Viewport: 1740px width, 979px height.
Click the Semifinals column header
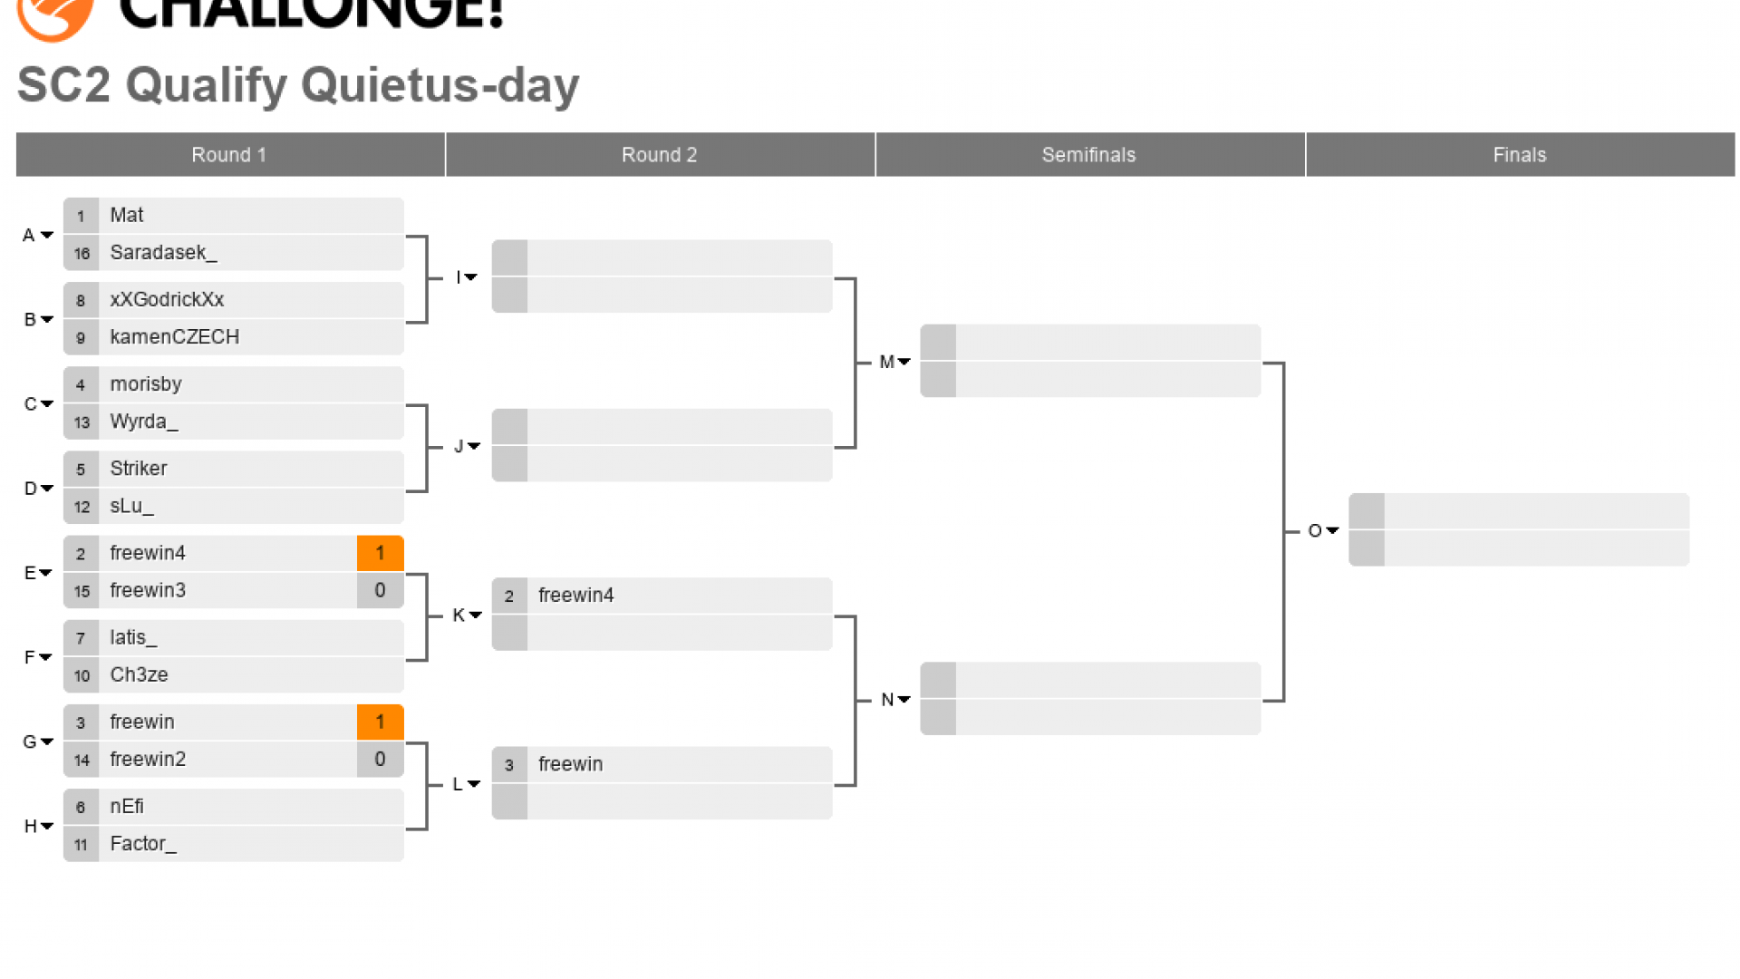coord(1088,155)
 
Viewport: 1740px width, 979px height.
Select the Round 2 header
coord(659,155)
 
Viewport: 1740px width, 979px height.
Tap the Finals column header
coord(1519,155)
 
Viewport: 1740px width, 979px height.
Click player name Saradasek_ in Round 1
coord(163,253)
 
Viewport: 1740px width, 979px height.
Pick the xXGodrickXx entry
coord(167,300)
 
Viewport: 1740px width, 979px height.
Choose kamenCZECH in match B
coord(174,337)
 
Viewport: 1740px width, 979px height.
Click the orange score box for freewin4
coord(380,553)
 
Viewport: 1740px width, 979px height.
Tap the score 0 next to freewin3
coord(380,591)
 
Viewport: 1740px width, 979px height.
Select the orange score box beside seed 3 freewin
coord(380,722)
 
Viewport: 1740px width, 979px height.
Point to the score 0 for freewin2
coord(380,760)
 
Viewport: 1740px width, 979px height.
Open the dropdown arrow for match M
coord(904,363)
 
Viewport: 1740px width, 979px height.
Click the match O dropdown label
coord(1323,531)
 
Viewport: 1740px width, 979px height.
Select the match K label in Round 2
coord(466,616)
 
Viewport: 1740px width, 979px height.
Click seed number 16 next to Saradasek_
coord(82,254)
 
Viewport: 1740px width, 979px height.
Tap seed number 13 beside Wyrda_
coord(82,422)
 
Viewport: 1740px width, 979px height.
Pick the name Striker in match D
coord(139,469)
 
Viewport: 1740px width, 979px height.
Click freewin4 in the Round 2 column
coord(575,596)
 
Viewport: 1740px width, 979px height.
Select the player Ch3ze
coord(139,675)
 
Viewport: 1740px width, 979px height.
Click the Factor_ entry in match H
coord(143,844)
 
